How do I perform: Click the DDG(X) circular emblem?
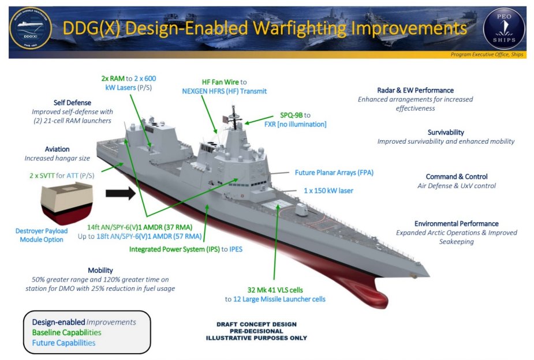tap(31, 28)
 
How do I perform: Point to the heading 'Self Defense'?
tap(72, 103)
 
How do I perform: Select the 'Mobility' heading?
tap(100, 270)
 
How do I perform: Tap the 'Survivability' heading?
tap(446, 132)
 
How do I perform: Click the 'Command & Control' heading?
tap(457, 177)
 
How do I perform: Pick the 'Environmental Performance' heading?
tap(456, 223)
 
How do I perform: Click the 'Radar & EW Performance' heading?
tap(414, 90)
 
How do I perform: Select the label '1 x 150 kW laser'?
tap(328, 190)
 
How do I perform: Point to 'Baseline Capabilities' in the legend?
tap(66, 332)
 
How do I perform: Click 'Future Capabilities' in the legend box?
tap(64, 343)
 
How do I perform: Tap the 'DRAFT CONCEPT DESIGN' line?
tap(257, 325)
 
